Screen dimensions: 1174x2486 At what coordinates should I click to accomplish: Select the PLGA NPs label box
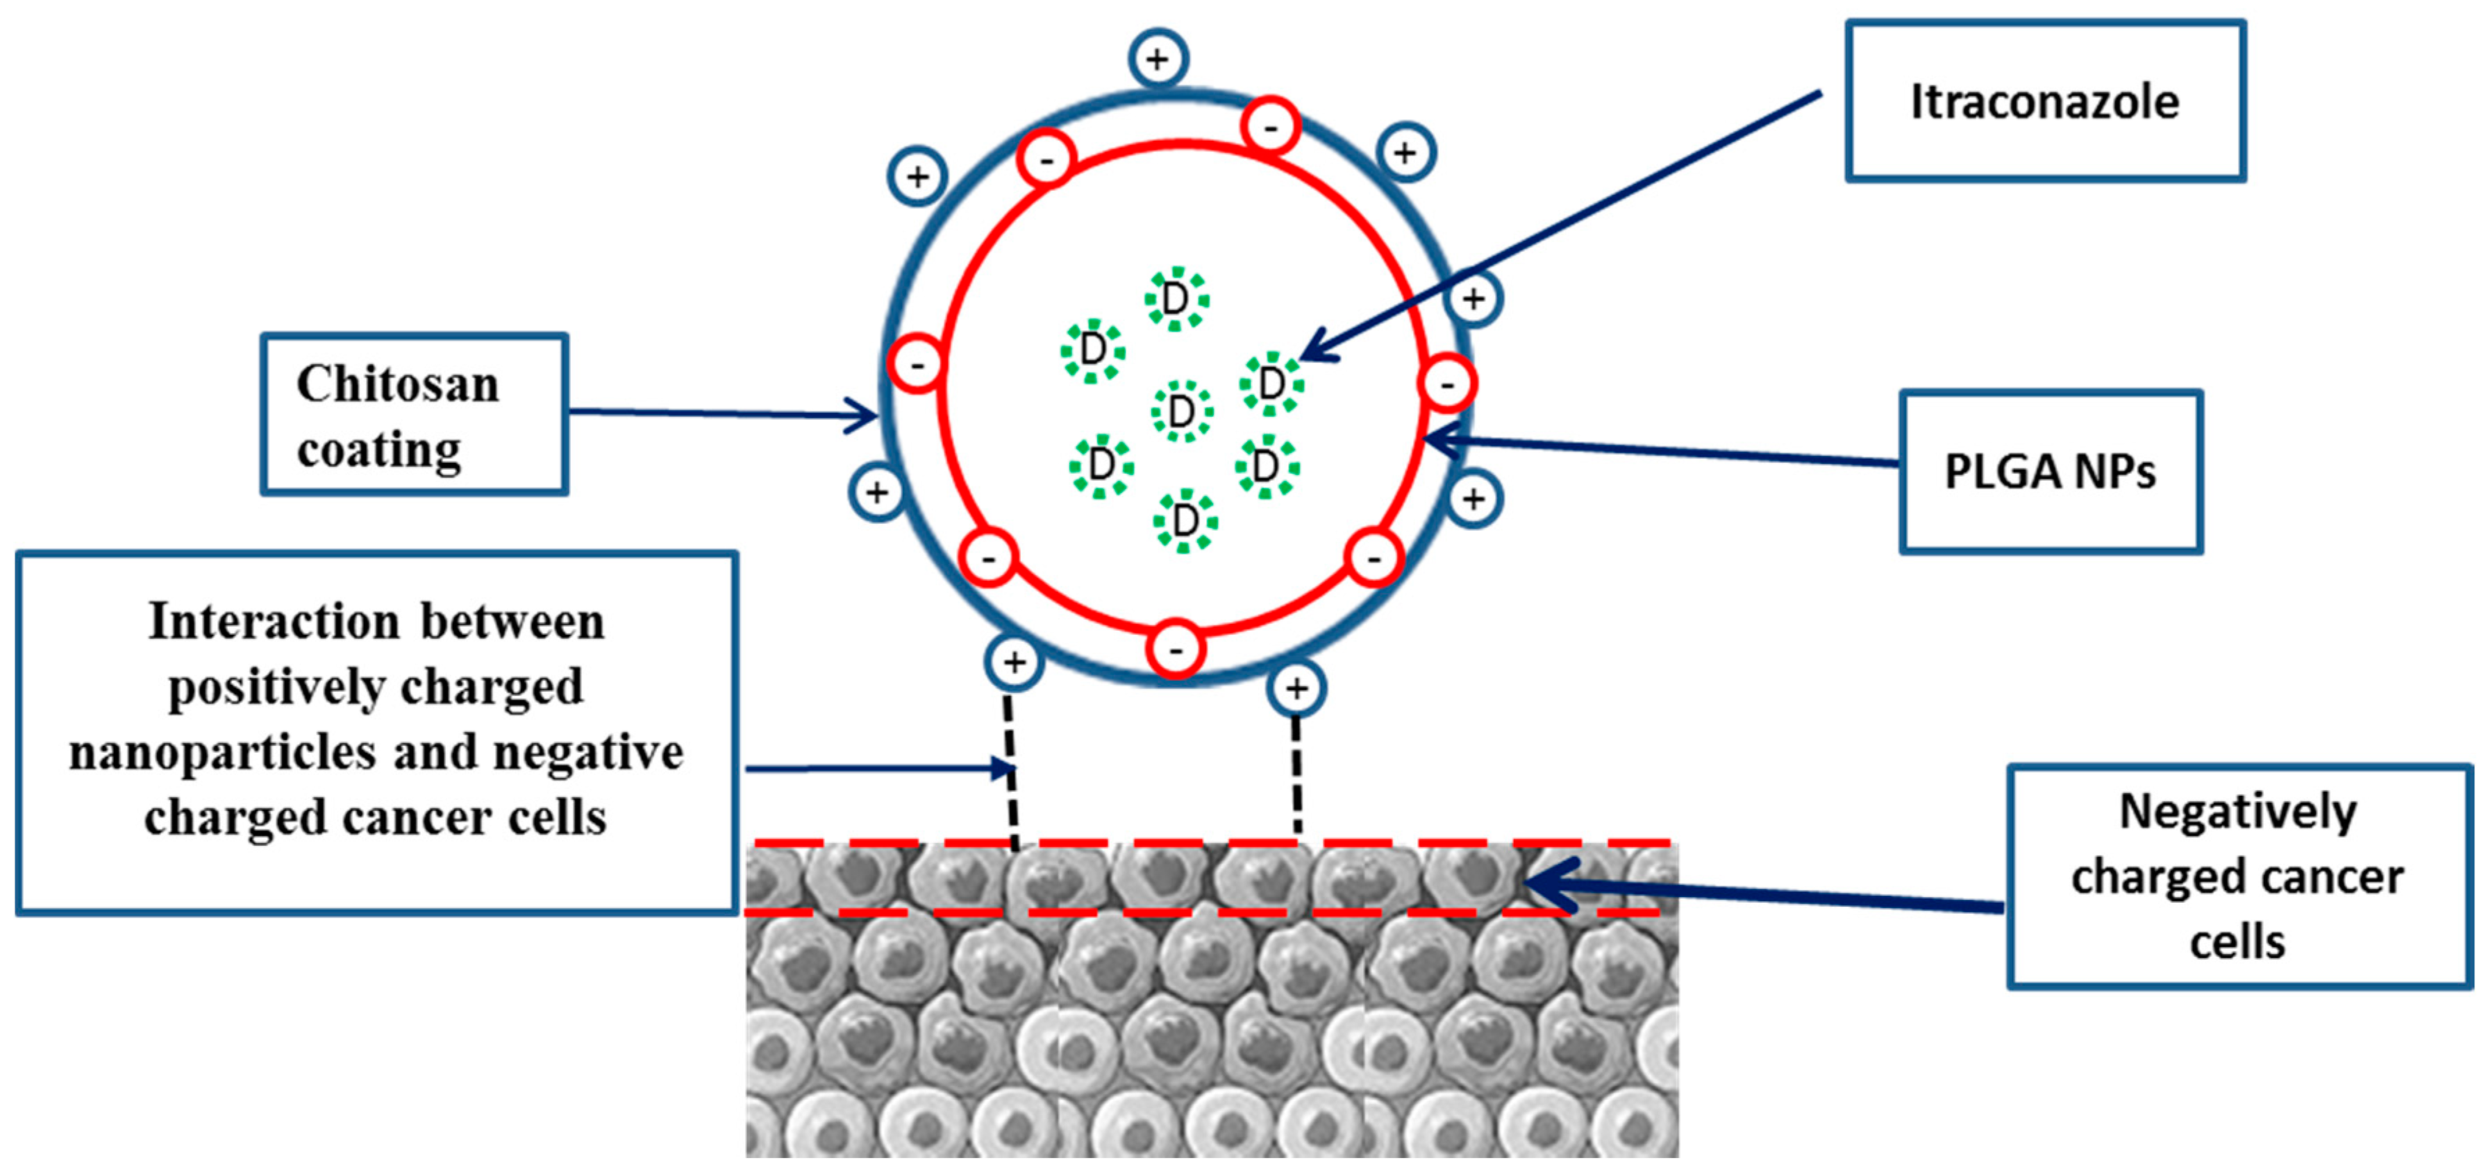(2050, 472)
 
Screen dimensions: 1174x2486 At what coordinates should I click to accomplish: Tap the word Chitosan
(398, 384)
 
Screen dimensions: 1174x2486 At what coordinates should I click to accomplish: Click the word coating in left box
(378, 450)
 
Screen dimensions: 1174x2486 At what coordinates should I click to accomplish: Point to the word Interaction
(273, 621)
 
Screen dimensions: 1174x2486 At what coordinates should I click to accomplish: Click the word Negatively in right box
(2237, 811)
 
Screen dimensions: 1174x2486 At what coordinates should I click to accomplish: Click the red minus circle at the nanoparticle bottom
(1176, 650)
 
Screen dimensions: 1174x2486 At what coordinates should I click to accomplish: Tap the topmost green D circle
(1176, 298)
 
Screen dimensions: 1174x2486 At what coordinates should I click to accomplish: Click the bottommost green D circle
(1185, 521)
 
